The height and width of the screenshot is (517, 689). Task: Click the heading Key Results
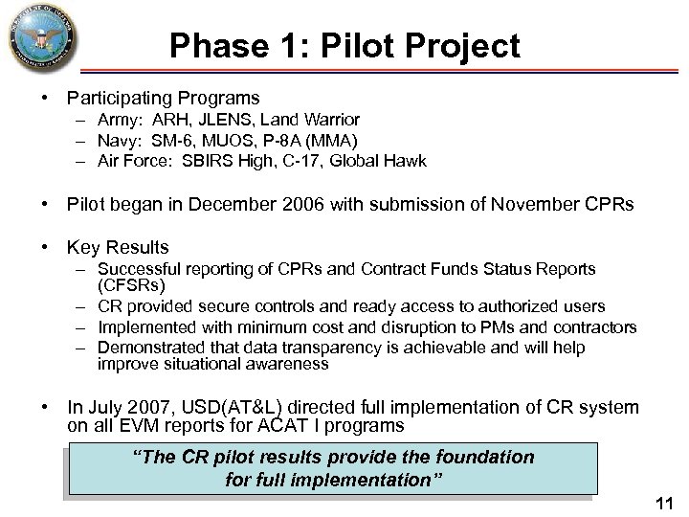(x=118, y=247)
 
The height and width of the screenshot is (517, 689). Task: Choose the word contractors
(x=595, y=327)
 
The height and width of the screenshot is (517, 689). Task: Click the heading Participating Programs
(x=163, y=98)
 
